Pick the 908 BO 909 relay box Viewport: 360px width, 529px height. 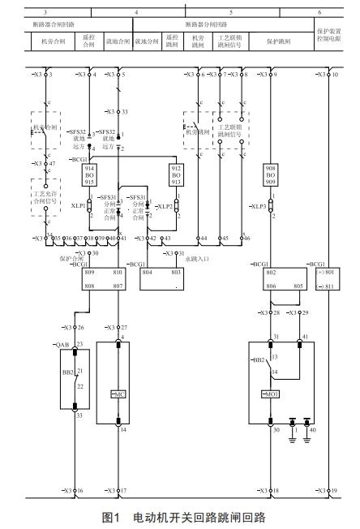271,175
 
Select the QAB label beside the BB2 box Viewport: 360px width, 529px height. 62,345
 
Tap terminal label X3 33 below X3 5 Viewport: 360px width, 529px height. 121,112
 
